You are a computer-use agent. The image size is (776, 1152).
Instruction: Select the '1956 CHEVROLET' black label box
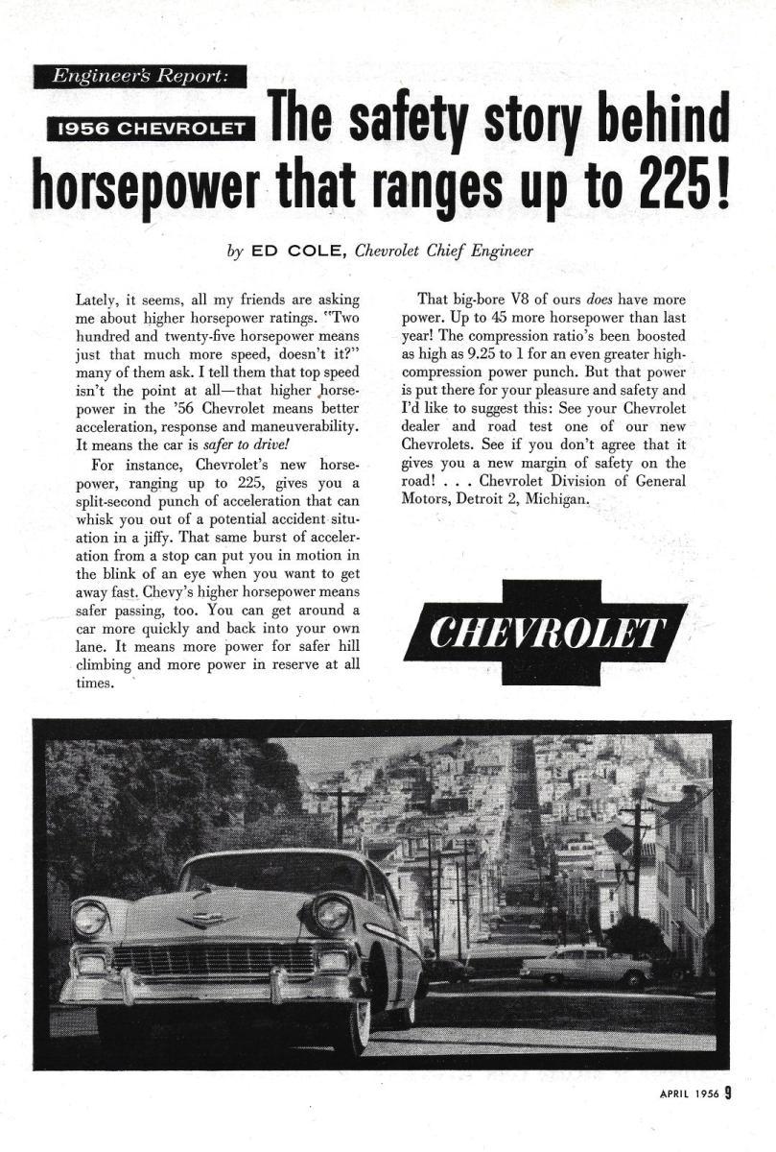click(x=153, y=128)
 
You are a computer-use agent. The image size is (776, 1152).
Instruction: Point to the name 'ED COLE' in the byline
click(x=297, y=252)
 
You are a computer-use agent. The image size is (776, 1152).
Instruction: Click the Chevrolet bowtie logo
click(x=546, y=633)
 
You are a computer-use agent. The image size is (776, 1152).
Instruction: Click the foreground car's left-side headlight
click(x=89, y=919)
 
